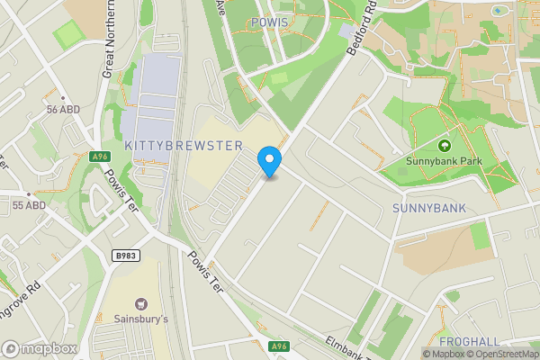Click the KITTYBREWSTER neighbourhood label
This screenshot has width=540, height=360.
pos(184,146)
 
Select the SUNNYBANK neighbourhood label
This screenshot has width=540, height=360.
pos(429,208)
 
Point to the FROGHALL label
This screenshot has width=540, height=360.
pos(468,342)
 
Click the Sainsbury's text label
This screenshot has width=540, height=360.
pos(141,319)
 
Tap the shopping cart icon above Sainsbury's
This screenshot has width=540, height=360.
pos(141,304)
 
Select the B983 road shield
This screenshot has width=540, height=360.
pos(126,256)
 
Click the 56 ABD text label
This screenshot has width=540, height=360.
pos(65,109)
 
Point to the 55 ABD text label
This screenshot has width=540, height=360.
pos(29,206)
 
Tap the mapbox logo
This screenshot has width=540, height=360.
pos(39,348)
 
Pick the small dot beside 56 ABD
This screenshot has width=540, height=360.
pos(62,95)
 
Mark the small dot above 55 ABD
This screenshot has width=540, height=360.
pos(29,193)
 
